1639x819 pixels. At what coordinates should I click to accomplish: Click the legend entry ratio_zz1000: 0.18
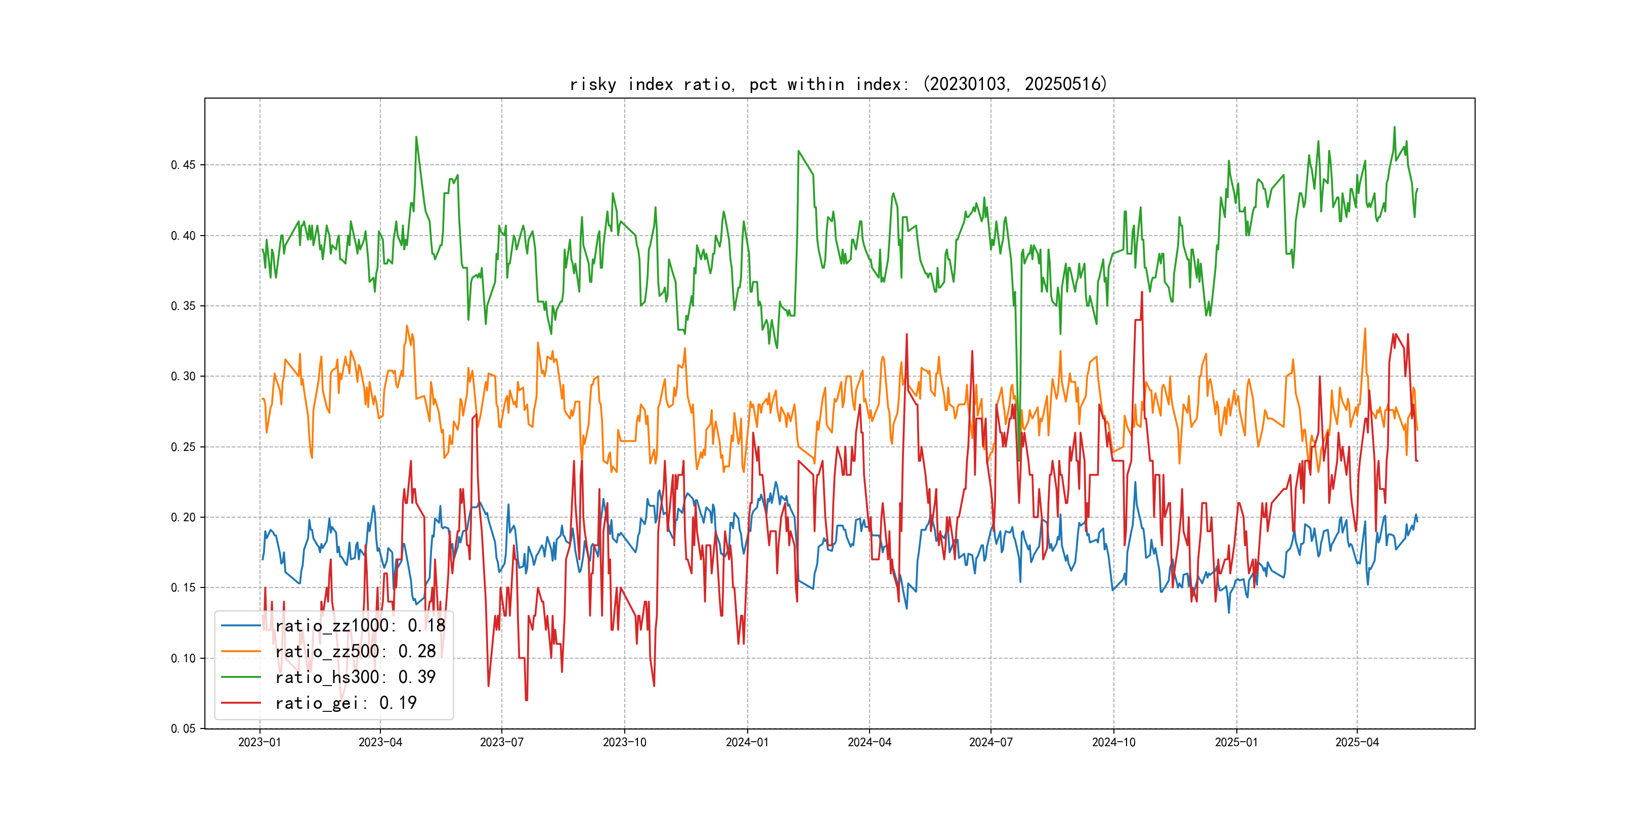pos(360,626)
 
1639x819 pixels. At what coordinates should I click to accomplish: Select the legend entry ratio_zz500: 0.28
pos(355,651)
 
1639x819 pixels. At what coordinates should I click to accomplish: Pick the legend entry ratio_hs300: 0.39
pos(355,677)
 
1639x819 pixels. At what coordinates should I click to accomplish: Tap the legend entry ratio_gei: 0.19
pos(346,703)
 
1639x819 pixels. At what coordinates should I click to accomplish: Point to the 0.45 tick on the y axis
pos(183,165)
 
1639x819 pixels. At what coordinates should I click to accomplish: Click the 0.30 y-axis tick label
pos(183,377)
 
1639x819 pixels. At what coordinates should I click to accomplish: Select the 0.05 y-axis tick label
pos(183,729)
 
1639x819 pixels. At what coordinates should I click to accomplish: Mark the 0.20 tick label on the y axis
pos(183,518)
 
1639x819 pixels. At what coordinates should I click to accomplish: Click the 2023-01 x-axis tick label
pos(260,743)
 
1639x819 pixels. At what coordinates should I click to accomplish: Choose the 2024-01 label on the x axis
pos(747,743)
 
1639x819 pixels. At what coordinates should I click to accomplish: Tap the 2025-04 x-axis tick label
pos(1357,743)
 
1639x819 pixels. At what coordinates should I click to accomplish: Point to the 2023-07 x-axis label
pos(501,743)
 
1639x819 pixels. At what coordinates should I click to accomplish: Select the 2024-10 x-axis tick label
pos(1113,743)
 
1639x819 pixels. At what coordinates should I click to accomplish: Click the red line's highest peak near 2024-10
pos(1142,293)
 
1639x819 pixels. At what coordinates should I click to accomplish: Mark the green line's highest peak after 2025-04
pos(1394,127)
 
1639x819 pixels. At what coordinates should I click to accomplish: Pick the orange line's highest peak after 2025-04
pos(1365,329)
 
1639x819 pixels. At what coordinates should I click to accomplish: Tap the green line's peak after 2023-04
pos(416,136)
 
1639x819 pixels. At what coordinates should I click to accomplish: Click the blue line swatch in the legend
pos(240,626)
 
